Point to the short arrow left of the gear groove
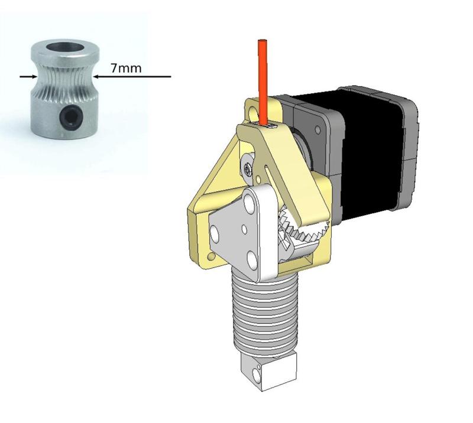(27, 76)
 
